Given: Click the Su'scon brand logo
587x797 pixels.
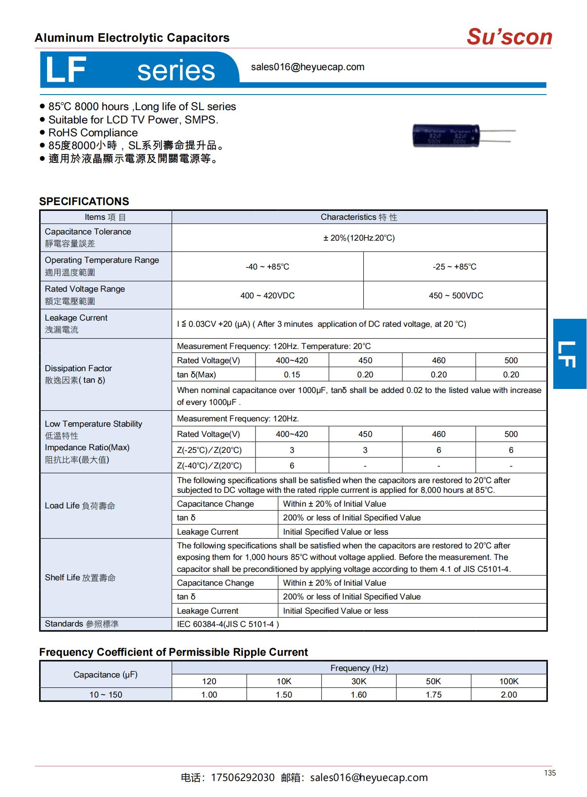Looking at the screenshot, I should pos(509,36).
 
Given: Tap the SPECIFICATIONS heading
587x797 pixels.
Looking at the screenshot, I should pos(84,201).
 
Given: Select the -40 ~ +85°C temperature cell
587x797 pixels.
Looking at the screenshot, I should pos(267,266).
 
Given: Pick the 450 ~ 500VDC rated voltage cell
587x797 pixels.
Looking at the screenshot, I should pos(456,295).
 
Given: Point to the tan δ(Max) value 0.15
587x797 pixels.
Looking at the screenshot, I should pos(292,374).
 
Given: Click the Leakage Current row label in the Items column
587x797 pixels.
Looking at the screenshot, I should pos(76,318).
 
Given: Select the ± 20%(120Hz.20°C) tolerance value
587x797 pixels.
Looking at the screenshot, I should pos(359,238).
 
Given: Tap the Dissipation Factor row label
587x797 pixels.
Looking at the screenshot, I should pos(78,368).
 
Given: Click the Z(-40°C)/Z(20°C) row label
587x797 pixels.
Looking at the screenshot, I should pos(209,465).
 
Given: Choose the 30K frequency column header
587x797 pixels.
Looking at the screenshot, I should pos(359,681).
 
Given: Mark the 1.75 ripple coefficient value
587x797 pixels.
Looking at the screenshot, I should pos(433,694).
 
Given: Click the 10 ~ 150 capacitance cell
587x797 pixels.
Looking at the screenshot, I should pos(106,694).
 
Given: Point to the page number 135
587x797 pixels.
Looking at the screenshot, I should pos(549,773).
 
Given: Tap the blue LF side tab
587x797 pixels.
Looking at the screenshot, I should pos(570,353).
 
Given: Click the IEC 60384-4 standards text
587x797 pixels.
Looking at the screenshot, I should pos(228,624).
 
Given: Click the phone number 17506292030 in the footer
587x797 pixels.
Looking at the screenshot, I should pos(243,777).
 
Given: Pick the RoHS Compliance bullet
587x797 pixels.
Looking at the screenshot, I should pos(93,133).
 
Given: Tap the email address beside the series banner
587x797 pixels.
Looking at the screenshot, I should pos(307,67).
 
